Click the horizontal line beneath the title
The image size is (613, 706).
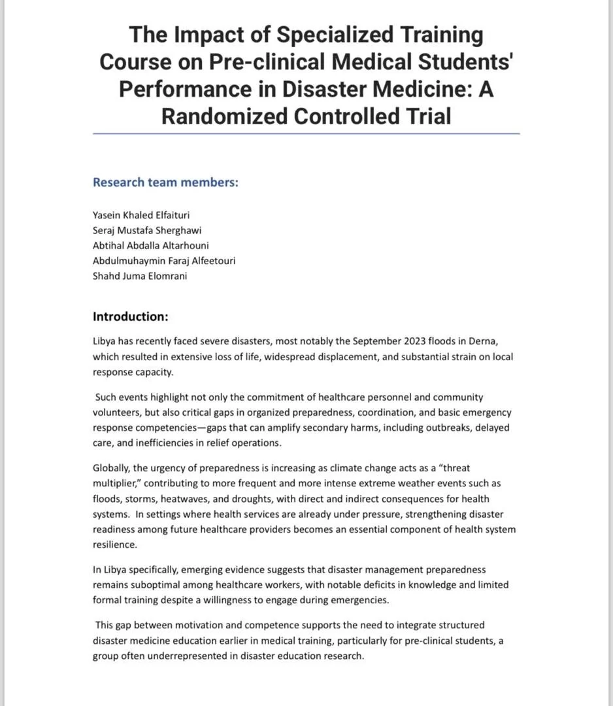[x=306, y=133]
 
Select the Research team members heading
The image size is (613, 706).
[x=165, y=182]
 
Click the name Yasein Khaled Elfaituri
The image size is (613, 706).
[x=141, y=215]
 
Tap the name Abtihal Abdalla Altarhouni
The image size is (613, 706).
[x=150, y=245]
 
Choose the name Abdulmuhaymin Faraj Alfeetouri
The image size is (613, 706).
[x=164, y=260]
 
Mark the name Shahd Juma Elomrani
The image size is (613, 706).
[x=140, y=275]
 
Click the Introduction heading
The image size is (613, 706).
[x=131, y=317]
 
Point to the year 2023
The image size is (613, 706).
[x=406, y=341]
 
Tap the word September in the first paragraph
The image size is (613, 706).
[x=373, y=341]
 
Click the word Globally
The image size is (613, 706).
[x=112, y=468]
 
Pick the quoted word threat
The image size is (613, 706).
[x=453, y=468]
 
